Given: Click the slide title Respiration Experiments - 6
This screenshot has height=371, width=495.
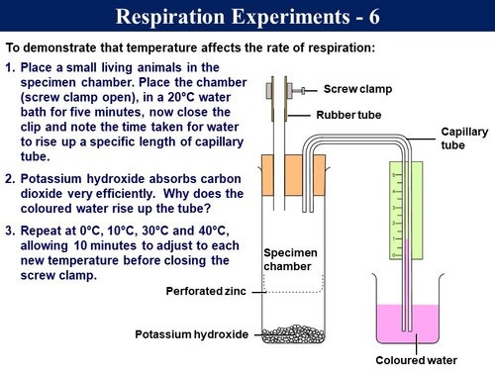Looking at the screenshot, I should pos(247,17).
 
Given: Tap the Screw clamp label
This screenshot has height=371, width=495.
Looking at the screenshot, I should pos(357,89).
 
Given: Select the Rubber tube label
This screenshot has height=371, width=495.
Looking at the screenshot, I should pos(354,115).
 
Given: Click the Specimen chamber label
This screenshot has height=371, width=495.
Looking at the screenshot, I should pos(290,259).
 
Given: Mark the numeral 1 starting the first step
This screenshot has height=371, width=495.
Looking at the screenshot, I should pos(10,66).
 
